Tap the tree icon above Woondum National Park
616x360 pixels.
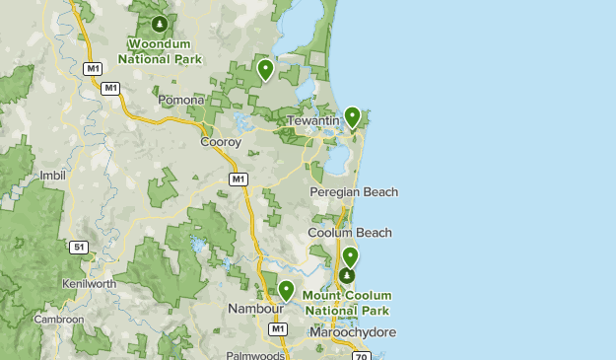[160, 23]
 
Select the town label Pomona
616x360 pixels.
[180, 100]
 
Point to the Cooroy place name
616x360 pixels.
[220, 142]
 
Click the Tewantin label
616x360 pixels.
[313, 120]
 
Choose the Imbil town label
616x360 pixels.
[51, 176]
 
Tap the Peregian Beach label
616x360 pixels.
[353, 191]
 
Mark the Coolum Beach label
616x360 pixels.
[350, 233]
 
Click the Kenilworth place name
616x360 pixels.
[89, 283]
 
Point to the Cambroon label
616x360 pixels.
[58, 320]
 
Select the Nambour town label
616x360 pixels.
[255, 309]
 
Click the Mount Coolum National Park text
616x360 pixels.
[347, 303]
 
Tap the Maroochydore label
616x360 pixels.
[352, 332]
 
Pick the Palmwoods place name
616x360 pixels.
[254, 355]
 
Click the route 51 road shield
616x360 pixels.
[79, 247]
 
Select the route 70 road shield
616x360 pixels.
[361, 355]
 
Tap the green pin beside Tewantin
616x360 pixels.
[352, 117]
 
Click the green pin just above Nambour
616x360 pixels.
[286, 290]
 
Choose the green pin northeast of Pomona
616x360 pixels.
[265, 69]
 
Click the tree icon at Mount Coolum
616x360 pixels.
[347, 278]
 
